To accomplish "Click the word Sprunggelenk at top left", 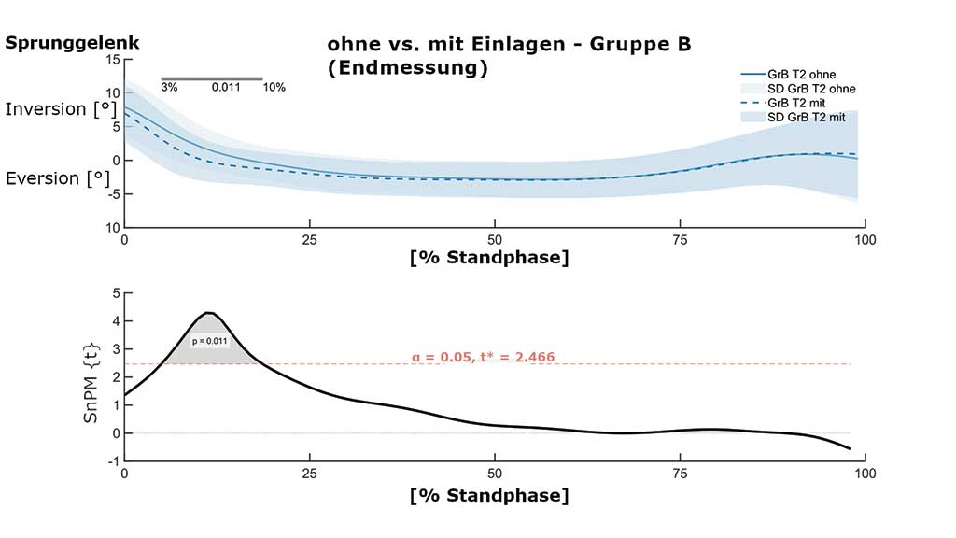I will tap(72, 43).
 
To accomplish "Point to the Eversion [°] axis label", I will tap(57, 178).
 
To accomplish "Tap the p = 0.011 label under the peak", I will tap(209, 342).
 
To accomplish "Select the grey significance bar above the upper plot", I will tap(212, 79).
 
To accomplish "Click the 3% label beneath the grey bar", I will tap(169, 88).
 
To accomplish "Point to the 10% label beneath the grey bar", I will tap(274, 88).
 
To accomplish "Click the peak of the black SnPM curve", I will tap(210, 313).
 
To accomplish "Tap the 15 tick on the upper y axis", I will tap(113, 60).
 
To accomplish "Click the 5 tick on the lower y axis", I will tap(117, 293).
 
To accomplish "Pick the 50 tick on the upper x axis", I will tap(496, 240).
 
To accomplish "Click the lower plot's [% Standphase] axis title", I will tap(488, 495).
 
